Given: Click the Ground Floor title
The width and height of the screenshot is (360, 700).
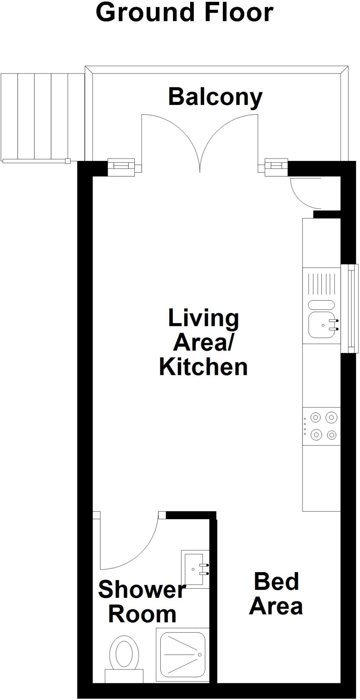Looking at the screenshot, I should coord(185,13).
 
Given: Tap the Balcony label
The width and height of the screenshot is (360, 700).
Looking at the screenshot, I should coord(215,97).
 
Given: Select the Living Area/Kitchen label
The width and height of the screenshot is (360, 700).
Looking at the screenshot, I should coord(203,342).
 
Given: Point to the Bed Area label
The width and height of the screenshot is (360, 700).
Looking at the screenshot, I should coord(276,594).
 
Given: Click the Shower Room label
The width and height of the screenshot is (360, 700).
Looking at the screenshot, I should coord(142,602).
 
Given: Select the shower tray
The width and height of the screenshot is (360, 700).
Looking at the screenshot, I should coord(181,654).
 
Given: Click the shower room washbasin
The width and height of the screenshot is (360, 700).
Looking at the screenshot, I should coord(195,569).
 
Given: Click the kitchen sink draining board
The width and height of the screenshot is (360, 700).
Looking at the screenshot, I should coord(321,284).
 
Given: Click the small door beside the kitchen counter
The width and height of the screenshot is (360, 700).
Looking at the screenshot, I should coord(304,193).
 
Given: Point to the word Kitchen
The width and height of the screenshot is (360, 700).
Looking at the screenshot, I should coord(203,367).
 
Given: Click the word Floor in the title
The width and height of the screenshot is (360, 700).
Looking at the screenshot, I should coord(239,13).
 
